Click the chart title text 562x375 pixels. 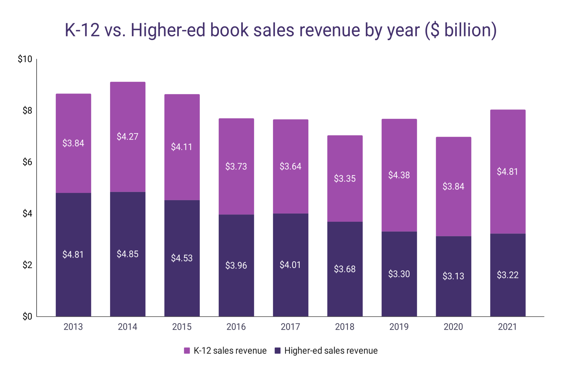tap(280, 30)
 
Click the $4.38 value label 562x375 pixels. tap(399, 175)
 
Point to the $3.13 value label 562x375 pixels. tap(453, 276)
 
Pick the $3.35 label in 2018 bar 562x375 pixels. tap(345, 179)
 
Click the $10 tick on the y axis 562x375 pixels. tap(25, 59)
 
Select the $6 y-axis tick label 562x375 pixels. tap(27, 162)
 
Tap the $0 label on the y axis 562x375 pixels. tap(27, 316)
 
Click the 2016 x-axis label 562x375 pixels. tap(236, 327)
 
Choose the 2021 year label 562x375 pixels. tap(507, 327)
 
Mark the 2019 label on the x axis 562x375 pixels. tap(399, 327)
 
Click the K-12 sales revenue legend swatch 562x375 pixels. tap(187, 351)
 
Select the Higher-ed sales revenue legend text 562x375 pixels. tap(331, 351)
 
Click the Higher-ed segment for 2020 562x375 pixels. tap(453, 297)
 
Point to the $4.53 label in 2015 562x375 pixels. tap(182, 258)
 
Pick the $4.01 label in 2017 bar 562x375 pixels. tap(290, 265)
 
